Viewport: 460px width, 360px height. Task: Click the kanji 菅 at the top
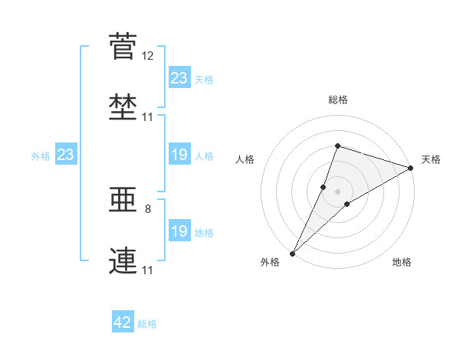tap(123, 46)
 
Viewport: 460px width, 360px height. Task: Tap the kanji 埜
tap(123, 107)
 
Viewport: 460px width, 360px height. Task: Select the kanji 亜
tap(123, 199)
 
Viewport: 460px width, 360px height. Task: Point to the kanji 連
tap(123, 260)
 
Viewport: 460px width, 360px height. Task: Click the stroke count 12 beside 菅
tap(147, 56)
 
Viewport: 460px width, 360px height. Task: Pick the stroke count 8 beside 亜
tap(148, 209)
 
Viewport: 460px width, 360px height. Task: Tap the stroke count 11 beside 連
tap(147, 270)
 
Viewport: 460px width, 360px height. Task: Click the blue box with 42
tap(123, 321)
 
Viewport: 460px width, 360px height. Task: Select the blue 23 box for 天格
tap(179, 77)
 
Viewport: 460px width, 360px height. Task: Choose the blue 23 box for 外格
tap(66, 154)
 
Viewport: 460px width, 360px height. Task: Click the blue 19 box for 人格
tap(179, 154)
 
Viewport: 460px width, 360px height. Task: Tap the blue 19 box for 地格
tap(179, 230)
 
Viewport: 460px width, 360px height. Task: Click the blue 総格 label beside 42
tap(147, 324)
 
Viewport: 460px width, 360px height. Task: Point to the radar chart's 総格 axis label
tap(338, 100)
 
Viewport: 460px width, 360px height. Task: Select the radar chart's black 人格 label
tap(245, 159)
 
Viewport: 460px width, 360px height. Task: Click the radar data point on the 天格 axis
tap(410, 168)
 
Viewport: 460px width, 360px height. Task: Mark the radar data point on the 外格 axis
tap(293, 254)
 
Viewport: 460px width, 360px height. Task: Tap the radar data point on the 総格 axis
tap(337, 146)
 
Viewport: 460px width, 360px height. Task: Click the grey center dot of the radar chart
tap(337, 191)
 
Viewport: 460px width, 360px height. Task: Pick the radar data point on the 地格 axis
tap(347, 204)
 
